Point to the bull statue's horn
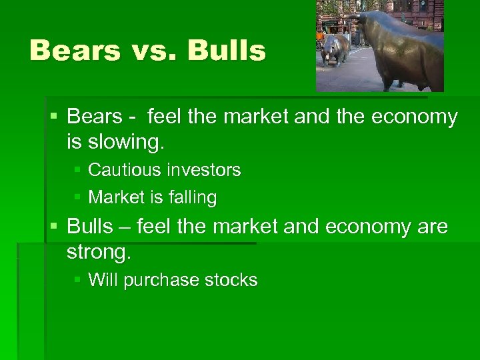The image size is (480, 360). click(354, 17)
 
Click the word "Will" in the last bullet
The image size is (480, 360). click(101, 280)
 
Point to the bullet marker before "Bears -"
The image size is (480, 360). click(55, 117)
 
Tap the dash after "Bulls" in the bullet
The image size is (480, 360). click(124, 228)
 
